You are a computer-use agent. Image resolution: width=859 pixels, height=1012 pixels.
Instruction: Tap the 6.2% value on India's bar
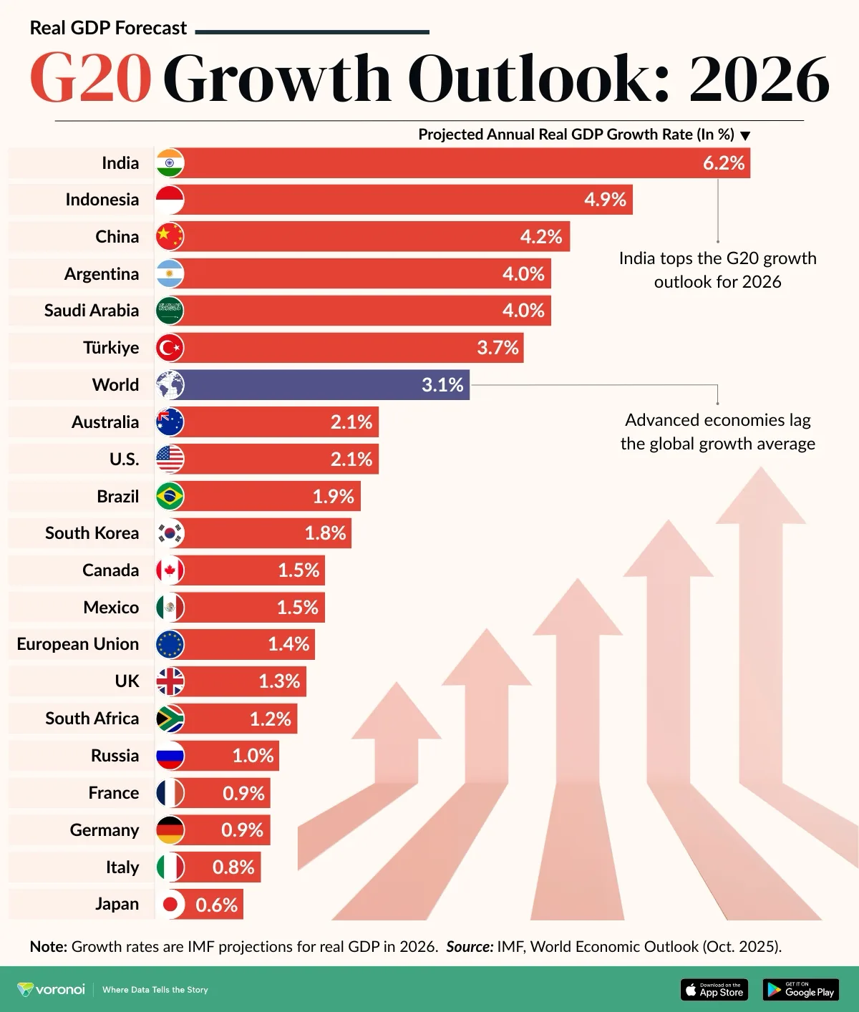723,163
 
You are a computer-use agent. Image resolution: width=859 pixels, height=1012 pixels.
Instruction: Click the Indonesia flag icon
170,200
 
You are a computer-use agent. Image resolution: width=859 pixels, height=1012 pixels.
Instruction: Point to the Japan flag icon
170,905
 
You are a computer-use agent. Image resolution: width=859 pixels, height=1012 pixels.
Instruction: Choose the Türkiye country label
111,348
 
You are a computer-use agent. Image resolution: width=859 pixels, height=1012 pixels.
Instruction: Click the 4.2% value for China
540,237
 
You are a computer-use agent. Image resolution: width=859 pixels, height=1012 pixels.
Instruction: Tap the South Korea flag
170,533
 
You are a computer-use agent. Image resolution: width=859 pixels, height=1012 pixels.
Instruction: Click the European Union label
77,644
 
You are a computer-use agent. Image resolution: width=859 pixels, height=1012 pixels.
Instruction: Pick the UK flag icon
170,681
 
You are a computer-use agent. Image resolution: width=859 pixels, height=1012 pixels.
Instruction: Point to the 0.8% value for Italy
233,867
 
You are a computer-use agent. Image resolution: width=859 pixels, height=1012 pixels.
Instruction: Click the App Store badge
714,990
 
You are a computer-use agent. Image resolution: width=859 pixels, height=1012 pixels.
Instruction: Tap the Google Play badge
800,990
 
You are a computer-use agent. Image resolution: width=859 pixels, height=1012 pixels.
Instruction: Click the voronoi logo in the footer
52,990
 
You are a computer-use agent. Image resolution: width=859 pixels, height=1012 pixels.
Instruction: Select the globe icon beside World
170,385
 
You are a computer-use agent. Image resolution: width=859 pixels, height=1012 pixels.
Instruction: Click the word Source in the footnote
470,947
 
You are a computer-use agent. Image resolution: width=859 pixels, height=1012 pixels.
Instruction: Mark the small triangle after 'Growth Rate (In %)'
745,136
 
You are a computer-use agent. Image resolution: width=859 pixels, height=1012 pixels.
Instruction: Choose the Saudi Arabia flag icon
170,311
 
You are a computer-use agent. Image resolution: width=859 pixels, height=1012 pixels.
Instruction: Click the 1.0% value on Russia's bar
253,756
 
